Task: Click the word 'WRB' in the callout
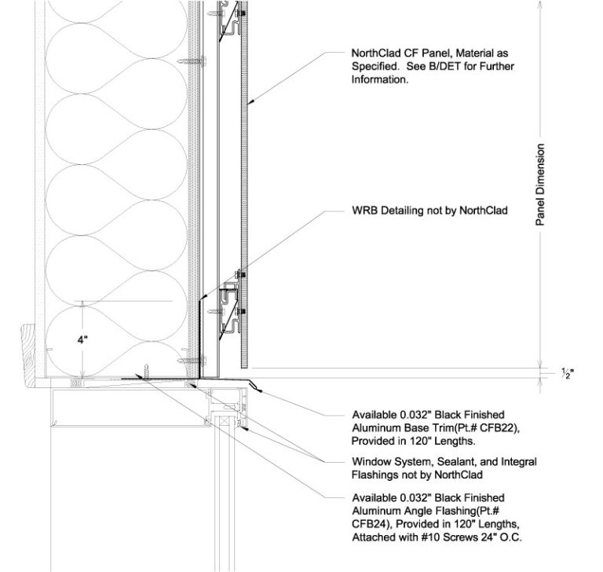point(365,211)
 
